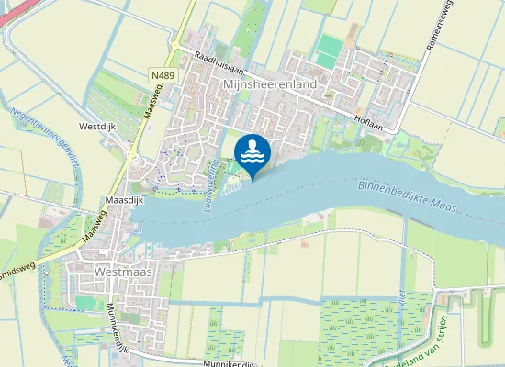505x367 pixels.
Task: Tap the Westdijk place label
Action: (x=99, y=126)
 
